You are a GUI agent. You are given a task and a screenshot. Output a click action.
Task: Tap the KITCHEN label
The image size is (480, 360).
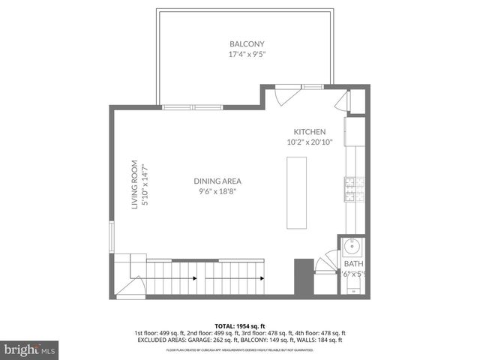click(309, 132)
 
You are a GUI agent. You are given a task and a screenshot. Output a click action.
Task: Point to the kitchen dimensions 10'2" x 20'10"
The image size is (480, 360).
click(309, 142)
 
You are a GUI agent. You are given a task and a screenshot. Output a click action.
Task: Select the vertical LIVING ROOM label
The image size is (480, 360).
click(136, 184)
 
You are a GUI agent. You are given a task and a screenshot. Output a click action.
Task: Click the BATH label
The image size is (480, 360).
click(352, 264)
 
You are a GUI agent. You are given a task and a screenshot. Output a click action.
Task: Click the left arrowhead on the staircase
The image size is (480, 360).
click(195, 278)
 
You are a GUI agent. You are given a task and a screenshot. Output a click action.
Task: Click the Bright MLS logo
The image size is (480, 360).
click(29, 349)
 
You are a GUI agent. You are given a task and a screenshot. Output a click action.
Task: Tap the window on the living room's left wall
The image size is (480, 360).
click(112, 238)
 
